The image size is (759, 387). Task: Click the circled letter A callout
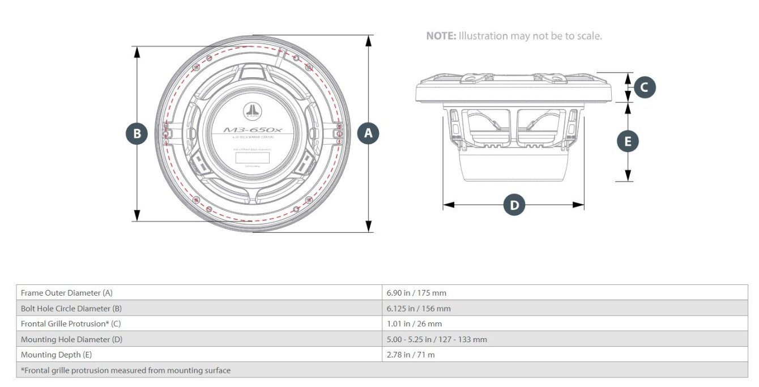click(x=368, y=133)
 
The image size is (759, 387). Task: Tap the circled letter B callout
click(x=137, y=133)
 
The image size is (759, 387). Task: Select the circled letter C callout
click(x=645, y=87)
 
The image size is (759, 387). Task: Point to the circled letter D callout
click(x=514, y=205)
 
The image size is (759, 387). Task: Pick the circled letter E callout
click(x=627, y=142)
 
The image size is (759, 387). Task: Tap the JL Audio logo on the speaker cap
click(x=251, y=111)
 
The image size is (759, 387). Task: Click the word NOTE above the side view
click(x=441, y=36)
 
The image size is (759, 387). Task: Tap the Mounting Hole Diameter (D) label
click(x=71, y=339)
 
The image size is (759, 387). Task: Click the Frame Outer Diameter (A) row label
click(x=67, y=293)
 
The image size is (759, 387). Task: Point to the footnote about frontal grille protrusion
click(x=126, y=371)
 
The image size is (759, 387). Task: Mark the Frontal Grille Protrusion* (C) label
click(x=71, y=324)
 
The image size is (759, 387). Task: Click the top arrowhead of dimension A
click(x=369, y=40)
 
